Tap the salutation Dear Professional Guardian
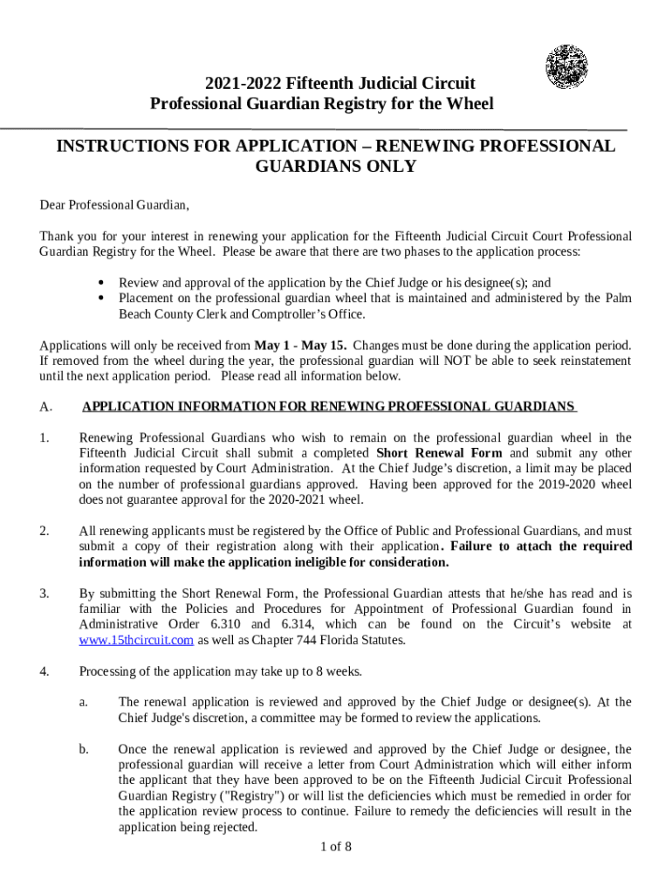114,205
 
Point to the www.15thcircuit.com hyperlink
136,640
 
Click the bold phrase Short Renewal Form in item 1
438,453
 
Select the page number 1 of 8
335,847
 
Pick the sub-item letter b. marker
84,749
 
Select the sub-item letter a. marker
84,702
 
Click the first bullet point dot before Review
103,283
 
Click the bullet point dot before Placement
103,299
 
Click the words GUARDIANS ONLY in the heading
335,167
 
